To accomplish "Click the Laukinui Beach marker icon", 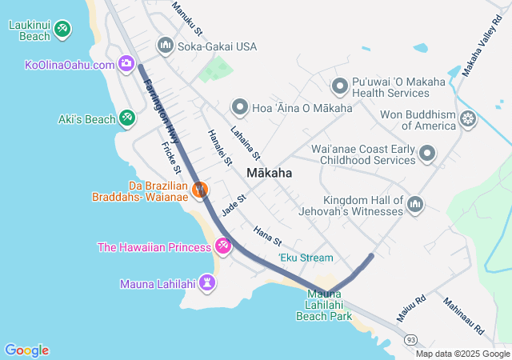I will point(63,30).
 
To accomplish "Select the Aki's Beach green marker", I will point(126,119).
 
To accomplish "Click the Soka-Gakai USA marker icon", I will point(166,46).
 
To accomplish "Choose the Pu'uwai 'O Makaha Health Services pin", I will point(338,85).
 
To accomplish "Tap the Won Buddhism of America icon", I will point(468,120).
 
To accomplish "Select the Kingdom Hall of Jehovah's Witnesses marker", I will point(414,206).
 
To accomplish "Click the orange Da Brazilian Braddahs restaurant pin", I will point(200,190).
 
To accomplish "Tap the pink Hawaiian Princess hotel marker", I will point(223,247).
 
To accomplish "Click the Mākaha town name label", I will point(269,173).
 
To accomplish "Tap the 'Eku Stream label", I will point(306,258).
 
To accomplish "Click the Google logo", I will point(26,350).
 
